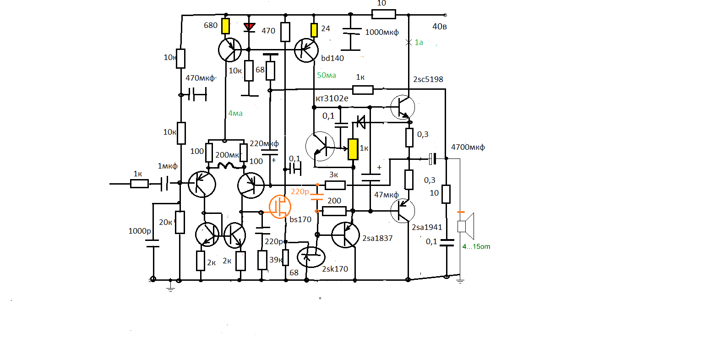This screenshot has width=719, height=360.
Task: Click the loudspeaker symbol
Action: click(x=465, y=226)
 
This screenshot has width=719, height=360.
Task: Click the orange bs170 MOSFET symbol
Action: click(x=280, y=207)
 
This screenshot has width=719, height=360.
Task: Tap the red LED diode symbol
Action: click(x=249, y=27)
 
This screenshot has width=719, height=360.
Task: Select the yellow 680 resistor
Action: click(x=226, y=26)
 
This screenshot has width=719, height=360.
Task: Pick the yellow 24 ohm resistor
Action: click(x=314, y=30)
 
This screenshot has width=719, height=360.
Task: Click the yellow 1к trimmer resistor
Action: click(x=353, y=149)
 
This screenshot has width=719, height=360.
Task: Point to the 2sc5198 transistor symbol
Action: click(x=403, y=107)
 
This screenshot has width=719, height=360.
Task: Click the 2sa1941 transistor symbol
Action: click(x=403, y=211)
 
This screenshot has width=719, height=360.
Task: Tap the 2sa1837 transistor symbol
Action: click(x=345, y=235)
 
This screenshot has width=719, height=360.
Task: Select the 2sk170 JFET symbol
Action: click(x=311, y=257)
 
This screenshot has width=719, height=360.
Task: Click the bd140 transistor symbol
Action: click(x=306, y=50)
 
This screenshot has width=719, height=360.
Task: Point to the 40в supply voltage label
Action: click(x=440, y=27)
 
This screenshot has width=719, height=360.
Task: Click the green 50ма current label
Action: click(x=327, y=75)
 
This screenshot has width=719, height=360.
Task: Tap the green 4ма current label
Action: click(x=235, y=114)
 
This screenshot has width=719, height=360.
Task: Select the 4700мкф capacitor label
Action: click(x=468, y=147)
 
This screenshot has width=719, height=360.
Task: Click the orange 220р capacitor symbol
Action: click(x=317, y=197)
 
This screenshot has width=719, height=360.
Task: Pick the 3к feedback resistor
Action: click(x=335, y=185)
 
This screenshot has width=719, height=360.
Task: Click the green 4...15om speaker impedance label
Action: click(x=476, y=246)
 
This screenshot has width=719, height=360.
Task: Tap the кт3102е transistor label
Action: click(x=332, y=98)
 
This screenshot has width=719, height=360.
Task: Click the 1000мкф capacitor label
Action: click(x=382, y=32)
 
